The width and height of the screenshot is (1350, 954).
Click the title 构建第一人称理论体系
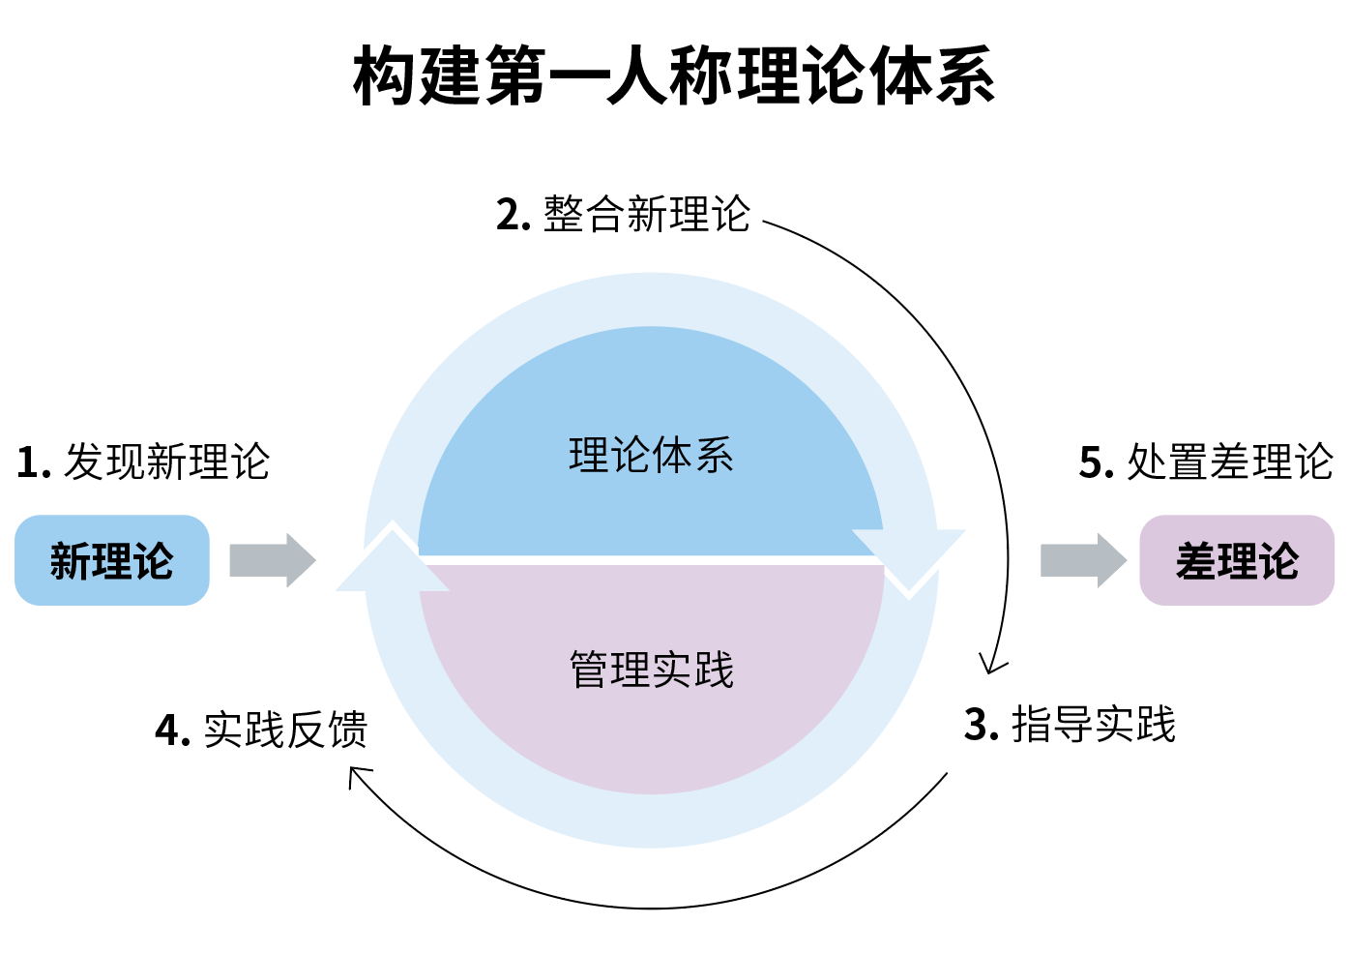(674, 76)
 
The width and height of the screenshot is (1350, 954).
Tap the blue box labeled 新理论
(112, 560)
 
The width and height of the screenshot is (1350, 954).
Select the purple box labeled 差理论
(1237, 560)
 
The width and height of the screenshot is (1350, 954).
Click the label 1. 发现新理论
(143, 462)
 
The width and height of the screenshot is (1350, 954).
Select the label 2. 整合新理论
(623, 214)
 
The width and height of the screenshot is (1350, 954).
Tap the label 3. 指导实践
(1070, 725)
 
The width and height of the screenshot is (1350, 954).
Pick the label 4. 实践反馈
(261, 730)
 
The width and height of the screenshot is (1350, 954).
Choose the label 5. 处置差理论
(1206, 462)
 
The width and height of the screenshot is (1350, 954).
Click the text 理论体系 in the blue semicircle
(651, 456)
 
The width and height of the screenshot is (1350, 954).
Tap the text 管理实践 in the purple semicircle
(651, 670)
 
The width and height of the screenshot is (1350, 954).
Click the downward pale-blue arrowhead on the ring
(909, 561)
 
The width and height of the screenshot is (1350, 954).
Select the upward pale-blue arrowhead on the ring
(392, 559)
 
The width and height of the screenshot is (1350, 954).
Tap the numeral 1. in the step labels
(33, 463)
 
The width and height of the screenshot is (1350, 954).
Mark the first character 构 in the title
(385, 76)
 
